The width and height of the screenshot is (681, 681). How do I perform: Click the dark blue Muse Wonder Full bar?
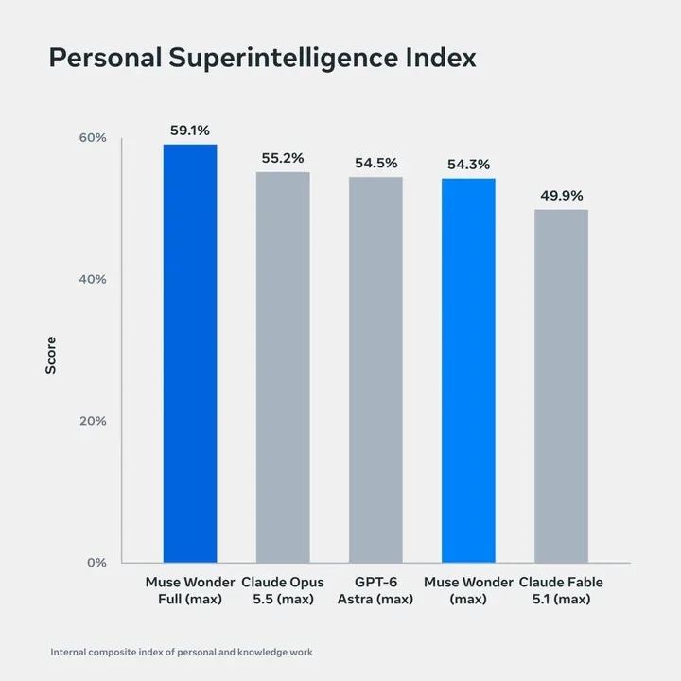[190, 354]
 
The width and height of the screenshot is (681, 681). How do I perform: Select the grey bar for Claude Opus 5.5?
[283, 367]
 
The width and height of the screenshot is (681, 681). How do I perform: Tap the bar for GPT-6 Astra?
[375, 370]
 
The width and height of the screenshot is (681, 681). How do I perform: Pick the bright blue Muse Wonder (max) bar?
[468, 371]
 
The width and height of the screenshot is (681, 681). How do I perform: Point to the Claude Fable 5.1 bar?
[561, 386]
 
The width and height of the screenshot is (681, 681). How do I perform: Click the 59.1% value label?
[190, 131]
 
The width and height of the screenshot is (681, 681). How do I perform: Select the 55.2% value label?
[283, 158]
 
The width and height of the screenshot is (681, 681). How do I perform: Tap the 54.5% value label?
[376, 163]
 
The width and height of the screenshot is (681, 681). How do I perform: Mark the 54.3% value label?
[468, 165]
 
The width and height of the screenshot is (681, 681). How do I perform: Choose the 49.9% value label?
[562, 196]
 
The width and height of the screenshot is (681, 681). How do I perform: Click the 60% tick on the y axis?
[93, 138]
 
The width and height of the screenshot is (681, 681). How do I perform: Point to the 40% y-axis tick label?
[93, 279]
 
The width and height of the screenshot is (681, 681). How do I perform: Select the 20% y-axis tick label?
[93, 421]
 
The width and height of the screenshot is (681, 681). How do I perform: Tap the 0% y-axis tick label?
[96, 563]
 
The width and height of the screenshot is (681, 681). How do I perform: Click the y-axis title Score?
[51, 355]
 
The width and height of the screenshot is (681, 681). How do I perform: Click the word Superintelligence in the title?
[283, 59]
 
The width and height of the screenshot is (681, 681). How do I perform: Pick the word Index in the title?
[441, 58]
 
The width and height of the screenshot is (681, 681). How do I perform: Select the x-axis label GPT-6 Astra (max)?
[375, 590]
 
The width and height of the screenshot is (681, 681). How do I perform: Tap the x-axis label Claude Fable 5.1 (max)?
[561, 590]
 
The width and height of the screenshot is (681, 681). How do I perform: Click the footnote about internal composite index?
[182, 652]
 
